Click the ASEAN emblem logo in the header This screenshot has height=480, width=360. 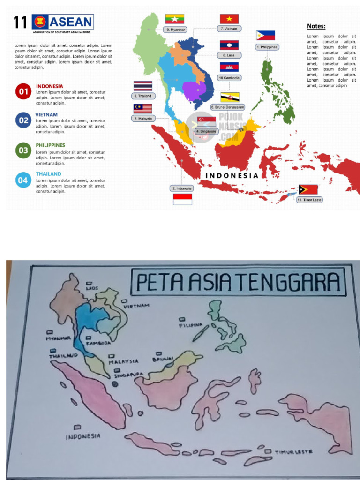(x=40, y=22)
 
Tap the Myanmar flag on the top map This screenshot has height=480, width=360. (x=174, y=19)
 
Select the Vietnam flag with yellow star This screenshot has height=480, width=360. (x=229, y=19)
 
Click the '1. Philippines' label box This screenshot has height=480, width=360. (x=267, y=47)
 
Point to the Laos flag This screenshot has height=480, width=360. (x=229, y=45)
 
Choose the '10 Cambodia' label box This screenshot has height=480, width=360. (x=230, y=77)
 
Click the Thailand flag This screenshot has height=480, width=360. (x=142, y=86)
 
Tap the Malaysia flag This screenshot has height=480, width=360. (x=142, y=109)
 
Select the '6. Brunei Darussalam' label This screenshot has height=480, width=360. (x=228, y=107)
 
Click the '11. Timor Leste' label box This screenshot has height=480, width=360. (x=309, y=200)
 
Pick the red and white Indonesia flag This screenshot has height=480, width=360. (x=182, y=199)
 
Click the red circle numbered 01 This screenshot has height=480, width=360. (x=22, y=91)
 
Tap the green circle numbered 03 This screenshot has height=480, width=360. (x=22, y=151)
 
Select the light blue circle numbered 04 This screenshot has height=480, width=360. (x=22, y=180)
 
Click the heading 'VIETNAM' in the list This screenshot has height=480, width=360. (x=46, y=114)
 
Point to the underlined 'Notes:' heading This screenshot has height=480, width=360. (x=316, y=26)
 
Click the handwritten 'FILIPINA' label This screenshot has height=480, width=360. (x=190, y=325)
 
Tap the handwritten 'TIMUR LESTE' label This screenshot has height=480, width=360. (x=293, y=452)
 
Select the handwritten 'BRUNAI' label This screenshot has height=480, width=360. (x=163, y=360)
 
